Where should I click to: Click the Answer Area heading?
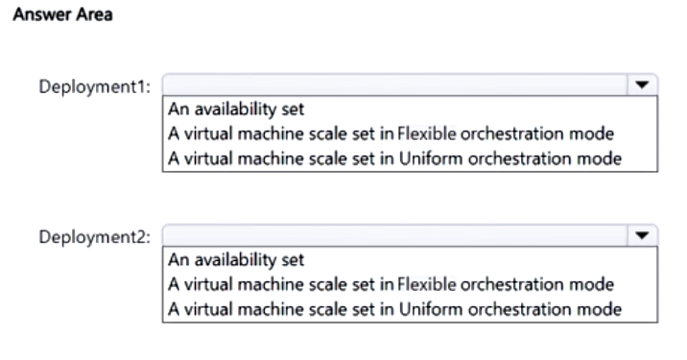[62, 14]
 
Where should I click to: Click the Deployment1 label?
[95, 86]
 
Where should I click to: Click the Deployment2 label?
[95, 237]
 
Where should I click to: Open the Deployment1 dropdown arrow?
[642, 84]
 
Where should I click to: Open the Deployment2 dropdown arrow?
[642, 235]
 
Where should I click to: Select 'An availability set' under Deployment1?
[236, 109]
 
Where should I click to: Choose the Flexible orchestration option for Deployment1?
[391, 133]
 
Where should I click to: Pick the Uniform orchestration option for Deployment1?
[394, 158]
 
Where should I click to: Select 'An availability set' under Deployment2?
[236, 260]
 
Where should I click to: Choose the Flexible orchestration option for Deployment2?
[391, 284]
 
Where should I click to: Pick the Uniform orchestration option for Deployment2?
[394, 309]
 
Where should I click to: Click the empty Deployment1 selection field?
[395, 84]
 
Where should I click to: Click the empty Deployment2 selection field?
[395, 235]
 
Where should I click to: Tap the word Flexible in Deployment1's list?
[427, 133]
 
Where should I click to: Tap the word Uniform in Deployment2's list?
[431, 309]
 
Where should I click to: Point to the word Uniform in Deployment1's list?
[431, 158]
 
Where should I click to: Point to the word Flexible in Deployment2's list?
[427, 284]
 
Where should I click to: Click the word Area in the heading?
[95, 14]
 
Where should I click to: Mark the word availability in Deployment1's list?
[236, 109]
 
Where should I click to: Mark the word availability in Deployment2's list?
[236, 260]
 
